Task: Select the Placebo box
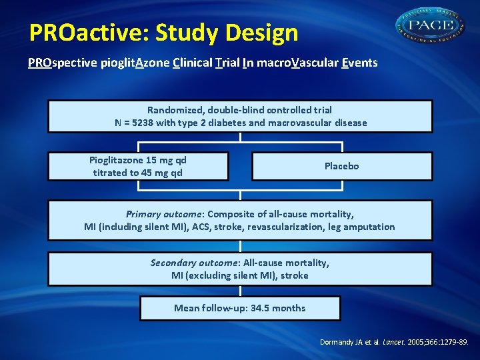click(341, 166)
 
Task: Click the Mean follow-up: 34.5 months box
click(240, 308)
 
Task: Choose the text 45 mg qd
click(163, 173)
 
